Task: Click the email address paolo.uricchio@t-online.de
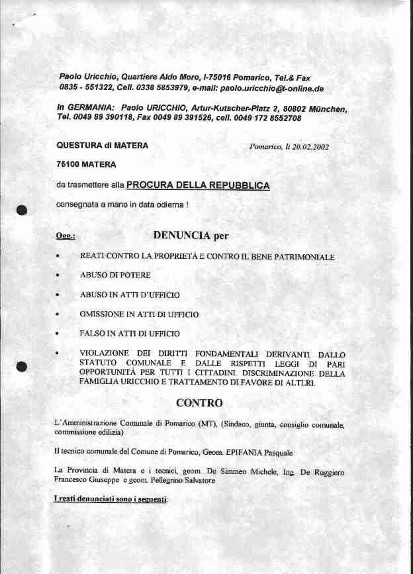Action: pyautogui.click(x=271, y=88)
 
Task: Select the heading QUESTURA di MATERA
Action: pyautogui.click(x=103, y=146)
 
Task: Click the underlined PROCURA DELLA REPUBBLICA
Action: pyautogui.click(x=198, y=186)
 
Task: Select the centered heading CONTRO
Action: pyautogui.click(x=199, y=403)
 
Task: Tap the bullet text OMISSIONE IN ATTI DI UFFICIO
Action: pyautogui.click(x=139, y=314)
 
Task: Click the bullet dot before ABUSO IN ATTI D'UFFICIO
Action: pyautogui.click(x=58, y=295)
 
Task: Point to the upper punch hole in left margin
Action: pyautogui.click(x=22, y=210)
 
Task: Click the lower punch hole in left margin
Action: pyautogui.click(x=22, y=365)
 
